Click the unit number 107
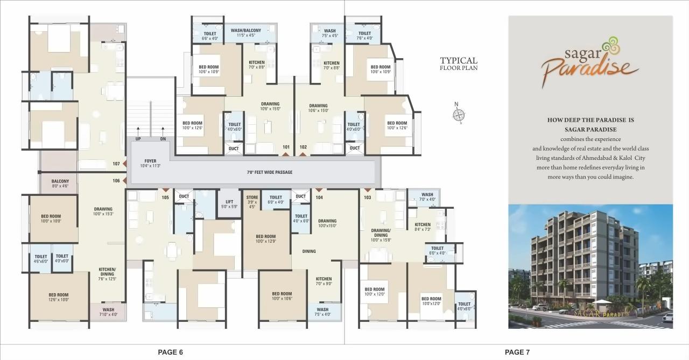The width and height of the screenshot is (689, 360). point(116,164)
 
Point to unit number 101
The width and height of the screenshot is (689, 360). point(286,147)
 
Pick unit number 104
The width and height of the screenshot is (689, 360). point(319,197)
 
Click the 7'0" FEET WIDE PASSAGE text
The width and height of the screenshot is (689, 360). point(270,172)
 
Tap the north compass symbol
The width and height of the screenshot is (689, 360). point(459,114)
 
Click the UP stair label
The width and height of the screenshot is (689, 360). point(138,139)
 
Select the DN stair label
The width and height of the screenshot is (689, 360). point(163,139)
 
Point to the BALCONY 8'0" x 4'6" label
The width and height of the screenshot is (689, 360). point(60,183)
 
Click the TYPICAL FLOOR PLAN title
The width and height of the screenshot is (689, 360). point(459,63)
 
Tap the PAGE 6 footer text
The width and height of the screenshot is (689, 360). point(170,352)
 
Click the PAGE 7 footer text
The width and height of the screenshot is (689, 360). point(517,352)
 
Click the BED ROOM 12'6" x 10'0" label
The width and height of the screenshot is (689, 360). point(59,297)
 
